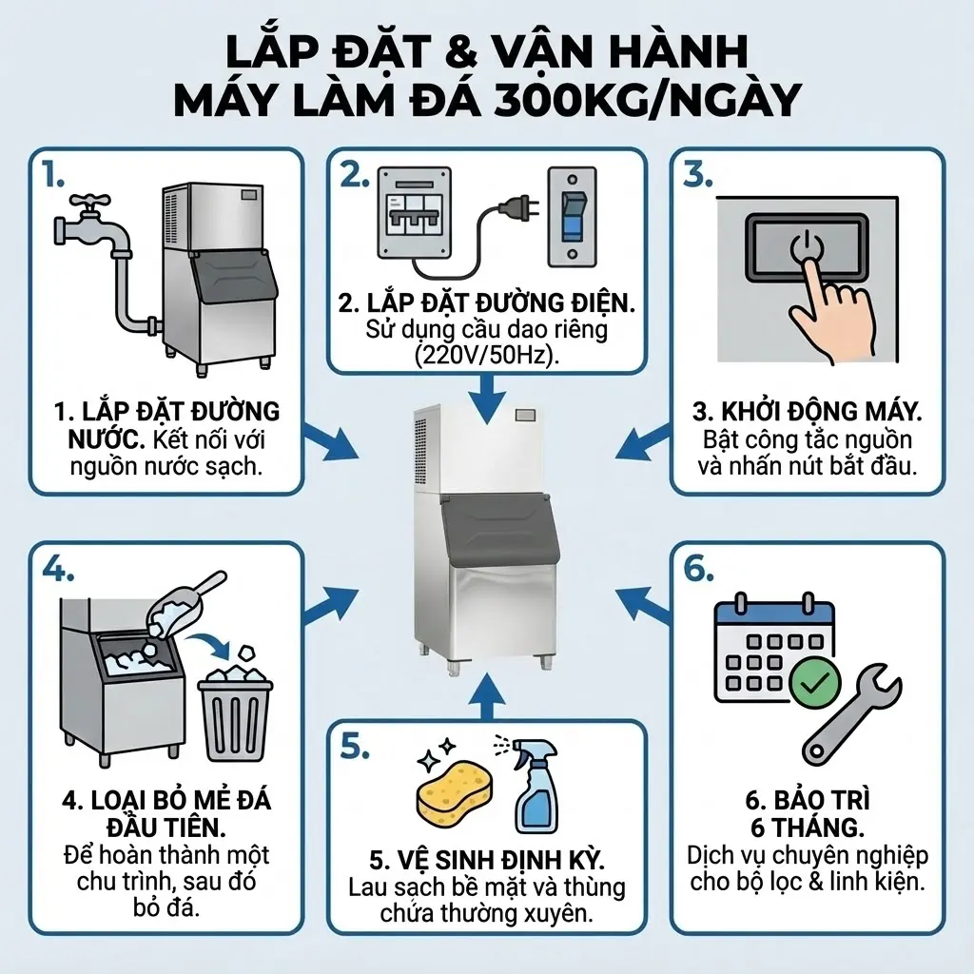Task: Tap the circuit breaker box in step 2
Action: coord(414,211)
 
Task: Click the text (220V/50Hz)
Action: coord(486,354)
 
